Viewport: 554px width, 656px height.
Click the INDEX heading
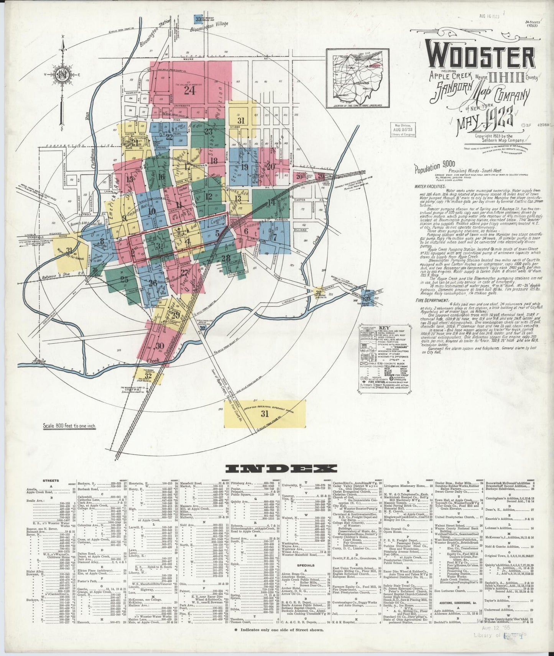(281, 468)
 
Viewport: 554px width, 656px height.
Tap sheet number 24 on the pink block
(189, 91)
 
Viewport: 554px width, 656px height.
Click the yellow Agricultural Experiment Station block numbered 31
(265, 414)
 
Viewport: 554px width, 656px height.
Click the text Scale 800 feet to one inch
(69, 426)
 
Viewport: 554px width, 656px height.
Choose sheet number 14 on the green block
(271, 202)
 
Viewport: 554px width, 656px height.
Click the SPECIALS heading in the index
(306, 565)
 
